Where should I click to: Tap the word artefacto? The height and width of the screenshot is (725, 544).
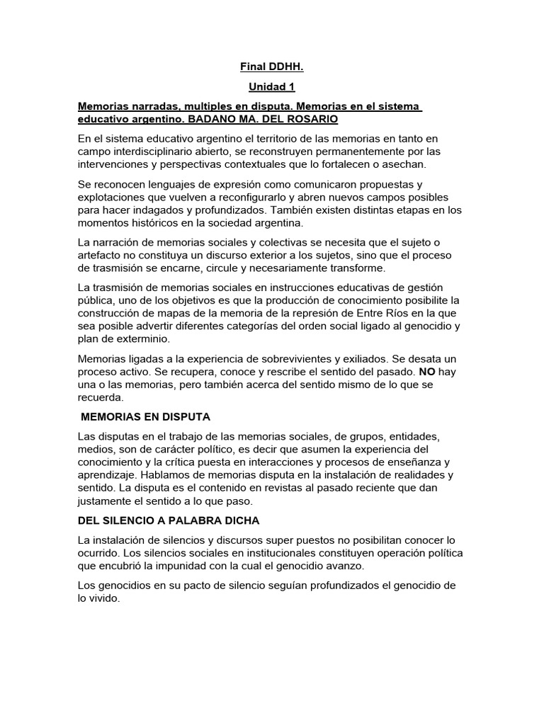coord(101,256)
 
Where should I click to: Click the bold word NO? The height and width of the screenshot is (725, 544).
coord(427,372)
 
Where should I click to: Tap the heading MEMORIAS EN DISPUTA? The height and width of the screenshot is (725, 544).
coord(146,417)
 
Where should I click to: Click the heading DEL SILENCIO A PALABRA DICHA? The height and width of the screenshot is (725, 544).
coord(169,520)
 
